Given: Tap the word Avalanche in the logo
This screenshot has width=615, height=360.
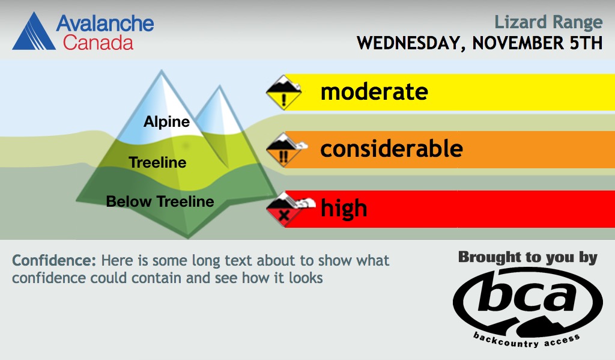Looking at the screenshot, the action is point(105,23).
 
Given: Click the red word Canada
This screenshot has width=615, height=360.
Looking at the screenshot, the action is point(98,43).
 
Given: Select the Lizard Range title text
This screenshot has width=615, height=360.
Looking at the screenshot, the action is point(548,22).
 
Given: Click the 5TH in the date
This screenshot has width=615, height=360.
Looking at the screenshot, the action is point(586,43).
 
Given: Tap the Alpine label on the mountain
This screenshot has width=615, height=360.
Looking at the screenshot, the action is point(167,121).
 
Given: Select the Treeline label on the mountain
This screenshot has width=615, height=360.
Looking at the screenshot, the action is point(158,162).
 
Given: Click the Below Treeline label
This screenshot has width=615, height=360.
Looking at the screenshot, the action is point(160,201).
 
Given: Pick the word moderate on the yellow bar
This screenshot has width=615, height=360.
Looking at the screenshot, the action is point(374,92).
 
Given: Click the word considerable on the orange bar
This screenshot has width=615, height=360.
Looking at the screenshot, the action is point(392,148).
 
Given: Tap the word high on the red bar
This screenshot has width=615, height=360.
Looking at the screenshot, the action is point(344,208).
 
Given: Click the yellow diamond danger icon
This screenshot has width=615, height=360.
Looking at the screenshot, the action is point(284,92).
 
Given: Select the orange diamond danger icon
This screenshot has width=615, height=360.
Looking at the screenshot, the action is point(285,150).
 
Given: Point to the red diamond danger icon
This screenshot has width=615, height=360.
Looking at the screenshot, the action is point(287,210).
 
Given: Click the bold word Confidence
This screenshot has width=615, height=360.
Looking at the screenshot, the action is point(54,260).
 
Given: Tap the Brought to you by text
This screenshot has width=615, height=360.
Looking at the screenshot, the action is point(528,258).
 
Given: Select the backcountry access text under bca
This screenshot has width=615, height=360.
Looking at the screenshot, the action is point(526,340).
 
